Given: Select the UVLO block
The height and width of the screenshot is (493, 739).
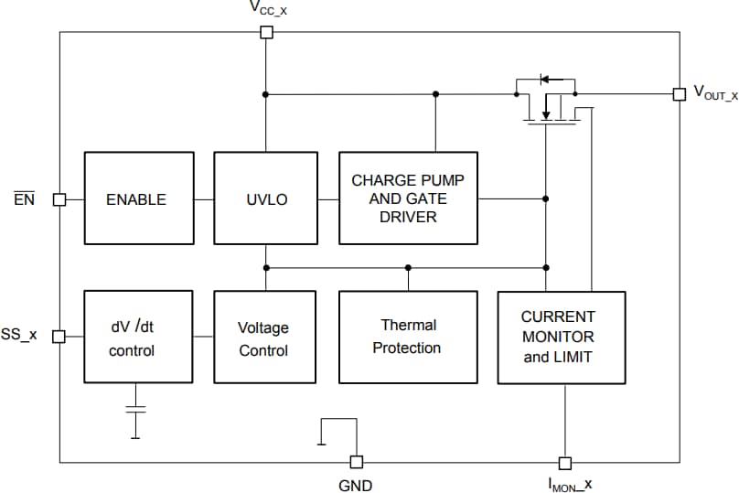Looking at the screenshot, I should [266, 198].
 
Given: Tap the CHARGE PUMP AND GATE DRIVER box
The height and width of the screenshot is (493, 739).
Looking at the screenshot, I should [408, 198].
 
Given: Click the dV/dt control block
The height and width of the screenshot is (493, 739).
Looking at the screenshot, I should [138, 337].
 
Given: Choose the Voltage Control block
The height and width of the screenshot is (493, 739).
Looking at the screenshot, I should [263, 338].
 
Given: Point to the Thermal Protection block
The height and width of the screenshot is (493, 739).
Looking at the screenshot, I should [408, 337].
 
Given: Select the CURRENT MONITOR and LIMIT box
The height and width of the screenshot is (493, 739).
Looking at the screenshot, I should [561, 337].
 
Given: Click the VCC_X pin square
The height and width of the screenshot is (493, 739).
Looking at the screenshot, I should [266, 33].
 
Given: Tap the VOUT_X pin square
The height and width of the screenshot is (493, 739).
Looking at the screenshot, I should [679, 94].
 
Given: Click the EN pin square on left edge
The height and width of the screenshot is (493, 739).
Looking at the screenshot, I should [59, 199].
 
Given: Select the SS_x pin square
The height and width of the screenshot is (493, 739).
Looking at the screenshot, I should [59, 337].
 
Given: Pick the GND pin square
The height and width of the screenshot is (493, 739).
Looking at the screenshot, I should [356, 463].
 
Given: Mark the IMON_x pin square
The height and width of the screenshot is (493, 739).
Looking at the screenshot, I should [564, 463].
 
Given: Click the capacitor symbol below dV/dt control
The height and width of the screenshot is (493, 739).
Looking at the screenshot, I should [135, 409].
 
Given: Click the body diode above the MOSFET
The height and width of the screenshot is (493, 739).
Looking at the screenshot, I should [546, 80].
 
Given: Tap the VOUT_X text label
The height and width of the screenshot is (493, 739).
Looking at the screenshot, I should [715, 93].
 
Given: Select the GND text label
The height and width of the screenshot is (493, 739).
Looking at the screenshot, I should [356, 486].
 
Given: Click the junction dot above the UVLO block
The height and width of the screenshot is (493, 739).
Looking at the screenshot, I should [266, 94].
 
